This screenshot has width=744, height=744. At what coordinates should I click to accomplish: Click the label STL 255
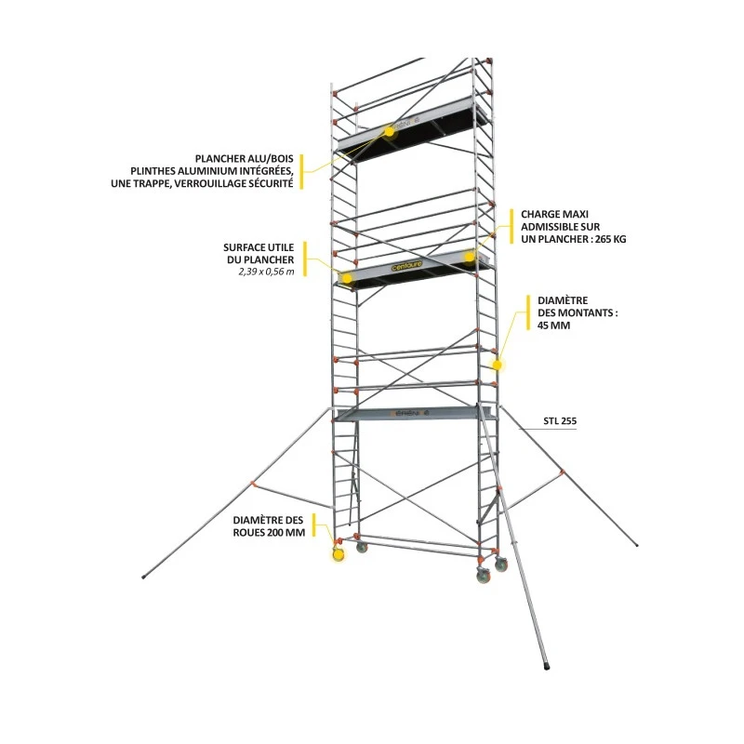(560, 421)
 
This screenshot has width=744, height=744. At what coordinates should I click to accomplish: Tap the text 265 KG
(611, 239)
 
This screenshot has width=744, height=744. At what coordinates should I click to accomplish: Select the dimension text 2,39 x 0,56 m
(266, 272)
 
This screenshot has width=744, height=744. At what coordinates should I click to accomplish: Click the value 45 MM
(553, 325)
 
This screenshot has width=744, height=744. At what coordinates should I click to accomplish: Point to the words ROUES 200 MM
(269, 532)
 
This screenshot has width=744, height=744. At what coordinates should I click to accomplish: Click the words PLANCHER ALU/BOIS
(245, 159)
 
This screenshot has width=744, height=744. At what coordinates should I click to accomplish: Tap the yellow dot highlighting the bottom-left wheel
(339, 554)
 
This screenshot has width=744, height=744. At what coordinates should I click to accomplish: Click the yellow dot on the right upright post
(498, 365)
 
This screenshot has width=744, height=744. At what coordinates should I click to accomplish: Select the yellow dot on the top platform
(389, 131)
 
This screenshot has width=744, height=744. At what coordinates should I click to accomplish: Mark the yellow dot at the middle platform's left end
(347, 278)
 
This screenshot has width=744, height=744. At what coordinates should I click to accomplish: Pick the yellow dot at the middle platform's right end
(470, 257)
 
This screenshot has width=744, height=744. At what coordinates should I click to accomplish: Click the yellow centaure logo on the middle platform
(406, 266)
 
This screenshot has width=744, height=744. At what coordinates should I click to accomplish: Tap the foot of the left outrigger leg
(144, 577)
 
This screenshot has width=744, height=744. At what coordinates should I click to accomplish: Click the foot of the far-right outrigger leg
(636, 545)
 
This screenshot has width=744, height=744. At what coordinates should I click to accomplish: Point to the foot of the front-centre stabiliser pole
(547, 666)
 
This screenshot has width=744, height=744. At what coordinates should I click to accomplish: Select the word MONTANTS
(591, 313)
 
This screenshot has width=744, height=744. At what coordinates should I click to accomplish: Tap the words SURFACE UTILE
(259, 247)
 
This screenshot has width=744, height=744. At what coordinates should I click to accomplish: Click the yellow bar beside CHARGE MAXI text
(511, 227)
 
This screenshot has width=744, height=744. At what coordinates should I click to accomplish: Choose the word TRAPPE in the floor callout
(149, 183)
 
